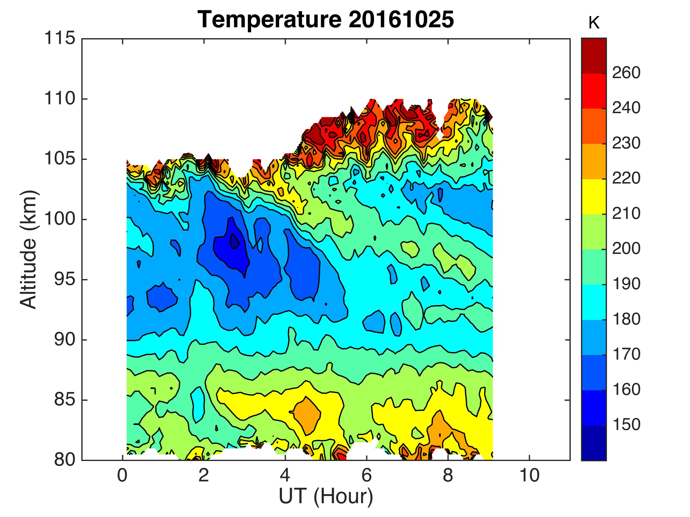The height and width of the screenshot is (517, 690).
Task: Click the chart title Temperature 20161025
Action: click(x=326, y=19)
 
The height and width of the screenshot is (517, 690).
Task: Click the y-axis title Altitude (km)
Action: click(x=29, y=250)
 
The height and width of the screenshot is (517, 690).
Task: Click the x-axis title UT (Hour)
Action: click(x=326, y=496)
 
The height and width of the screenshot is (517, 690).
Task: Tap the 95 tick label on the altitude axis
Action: click(x=65, y=279)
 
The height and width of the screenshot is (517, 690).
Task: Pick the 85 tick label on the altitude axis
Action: click(x=65, y=400)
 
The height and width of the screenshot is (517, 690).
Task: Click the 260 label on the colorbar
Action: click(x=626, y=73)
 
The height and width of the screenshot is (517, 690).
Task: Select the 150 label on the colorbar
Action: click(x=626, y=425)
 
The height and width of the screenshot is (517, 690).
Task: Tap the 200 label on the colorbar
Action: click(x=626, y=249)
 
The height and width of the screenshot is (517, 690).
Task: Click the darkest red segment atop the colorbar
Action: click(x=594, y=55)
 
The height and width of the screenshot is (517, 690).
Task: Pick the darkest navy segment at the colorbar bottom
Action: click(x=594, y=443)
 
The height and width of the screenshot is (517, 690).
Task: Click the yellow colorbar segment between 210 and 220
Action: click(x=594, y=196)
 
